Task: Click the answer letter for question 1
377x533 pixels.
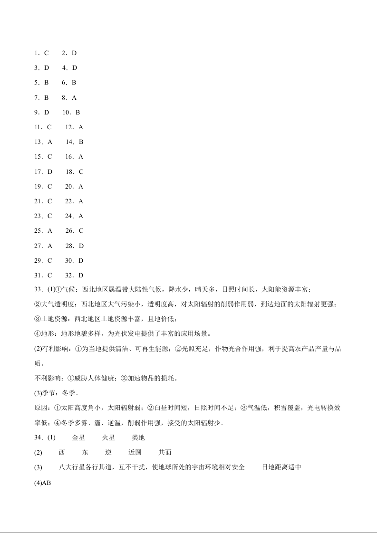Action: (47, 53)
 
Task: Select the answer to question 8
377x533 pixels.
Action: (74, 97)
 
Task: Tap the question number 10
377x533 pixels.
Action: (66, 113)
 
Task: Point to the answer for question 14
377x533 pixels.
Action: (81, 142)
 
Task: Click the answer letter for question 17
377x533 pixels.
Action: (50, 171)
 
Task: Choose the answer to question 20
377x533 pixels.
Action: (81, 187)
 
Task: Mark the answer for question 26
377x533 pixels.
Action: (81, 231)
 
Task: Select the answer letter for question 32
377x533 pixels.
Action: (81, 275)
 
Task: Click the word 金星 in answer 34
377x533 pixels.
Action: (78, 438)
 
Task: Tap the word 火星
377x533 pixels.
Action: (108, 438)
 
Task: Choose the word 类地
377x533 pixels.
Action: (138, 438)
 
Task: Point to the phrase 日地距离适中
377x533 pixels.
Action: (282, 467)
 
